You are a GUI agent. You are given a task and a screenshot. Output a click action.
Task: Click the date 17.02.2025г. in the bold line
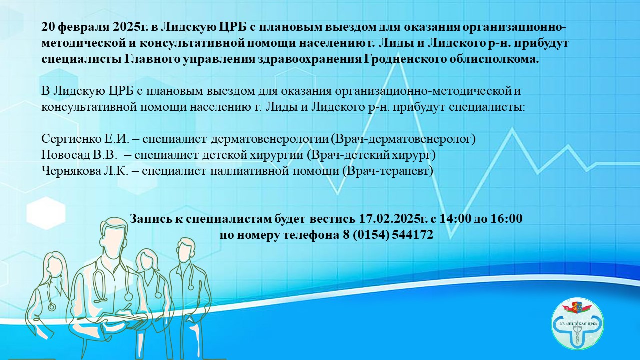[393, 219]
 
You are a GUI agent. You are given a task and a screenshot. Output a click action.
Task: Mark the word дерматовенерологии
[270, 139]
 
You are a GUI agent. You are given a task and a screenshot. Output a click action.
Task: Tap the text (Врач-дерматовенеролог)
[403, 139]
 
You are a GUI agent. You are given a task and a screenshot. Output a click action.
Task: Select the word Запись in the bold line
[148, 219]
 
